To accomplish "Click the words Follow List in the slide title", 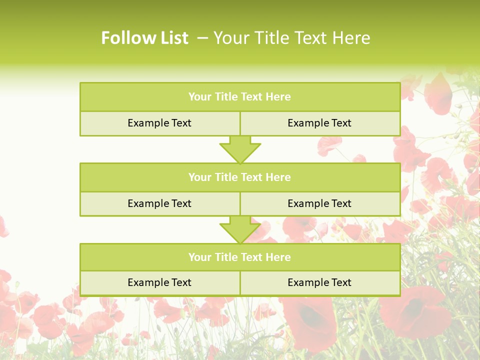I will pos(144,38).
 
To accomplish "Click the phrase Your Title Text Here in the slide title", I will pos(291,38).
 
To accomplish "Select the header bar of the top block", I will pos(240,97).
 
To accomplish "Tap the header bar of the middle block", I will pos(240,177).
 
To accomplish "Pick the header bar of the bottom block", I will pos(240,257).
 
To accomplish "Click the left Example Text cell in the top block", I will pos(159,123).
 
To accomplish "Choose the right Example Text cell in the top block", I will pos(319,123).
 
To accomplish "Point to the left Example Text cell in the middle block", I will pos(159,203).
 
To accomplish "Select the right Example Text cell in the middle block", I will pos(319,203).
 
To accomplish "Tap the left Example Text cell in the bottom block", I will pos(159,282).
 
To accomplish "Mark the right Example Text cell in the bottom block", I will pos(319,282).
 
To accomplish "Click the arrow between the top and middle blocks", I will pos(240,149).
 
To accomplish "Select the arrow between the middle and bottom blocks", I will pos(240,229).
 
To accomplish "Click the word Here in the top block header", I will pos(278,97).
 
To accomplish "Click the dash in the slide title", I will pos(202,38).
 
